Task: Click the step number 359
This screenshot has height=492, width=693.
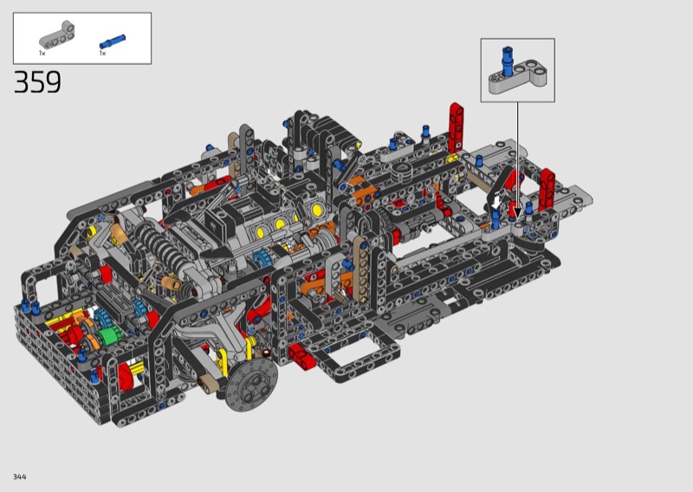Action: [x=37, y=82]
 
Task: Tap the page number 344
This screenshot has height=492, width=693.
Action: [x=20, y=476]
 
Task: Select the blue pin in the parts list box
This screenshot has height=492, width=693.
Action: [x=113, y=42]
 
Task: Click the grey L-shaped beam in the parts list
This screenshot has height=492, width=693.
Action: [x=57, y=35]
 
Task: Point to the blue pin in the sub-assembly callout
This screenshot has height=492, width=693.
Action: [x=508, y=61]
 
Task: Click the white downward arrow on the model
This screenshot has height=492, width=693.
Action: [x=496, y=202]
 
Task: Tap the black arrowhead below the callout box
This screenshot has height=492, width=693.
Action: [x=517, y=215]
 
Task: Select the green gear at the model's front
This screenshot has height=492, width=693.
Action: [x=107, y=337]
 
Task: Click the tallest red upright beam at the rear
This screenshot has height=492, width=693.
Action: [x=457, y=127]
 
